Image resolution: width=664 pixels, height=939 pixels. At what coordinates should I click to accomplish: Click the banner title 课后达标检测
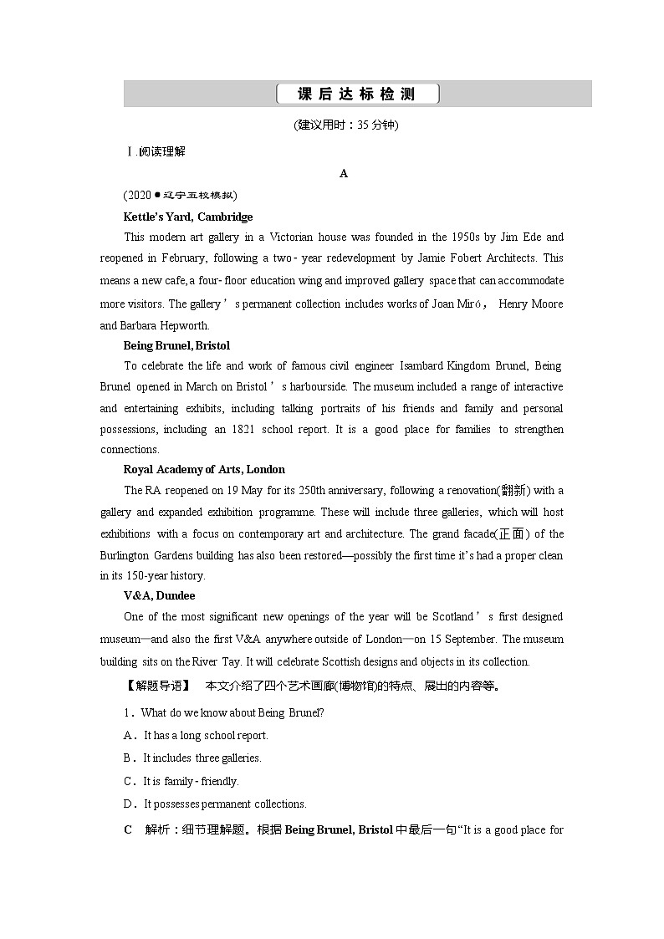[357, 94]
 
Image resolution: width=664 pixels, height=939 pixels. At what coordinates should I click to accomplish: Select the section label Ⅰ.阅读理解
[155, 151]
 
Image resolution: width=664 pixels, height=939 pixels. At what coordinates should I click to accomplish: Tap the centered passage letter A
[344, 173]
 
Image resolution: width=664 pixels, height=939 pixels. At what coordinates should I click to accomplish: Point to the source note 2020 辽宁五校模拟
[181, 195]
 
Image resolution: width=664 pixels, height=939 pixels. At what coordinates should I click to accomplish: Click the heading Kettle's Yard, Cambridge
[188, 217]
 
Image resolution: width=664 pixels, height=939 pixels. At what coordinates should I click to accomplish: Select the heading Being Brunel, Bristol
[176, 345]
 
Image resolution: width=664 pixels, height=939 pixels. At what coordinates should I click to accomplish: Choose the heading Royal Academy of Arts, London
[204, 469]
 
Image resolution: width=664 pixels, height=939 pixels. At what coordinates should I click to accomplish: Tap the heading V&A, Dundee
[159, 595]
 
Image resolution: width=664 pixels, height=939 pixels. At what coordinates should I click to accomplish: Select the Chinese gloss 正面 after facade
[510, 534]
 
